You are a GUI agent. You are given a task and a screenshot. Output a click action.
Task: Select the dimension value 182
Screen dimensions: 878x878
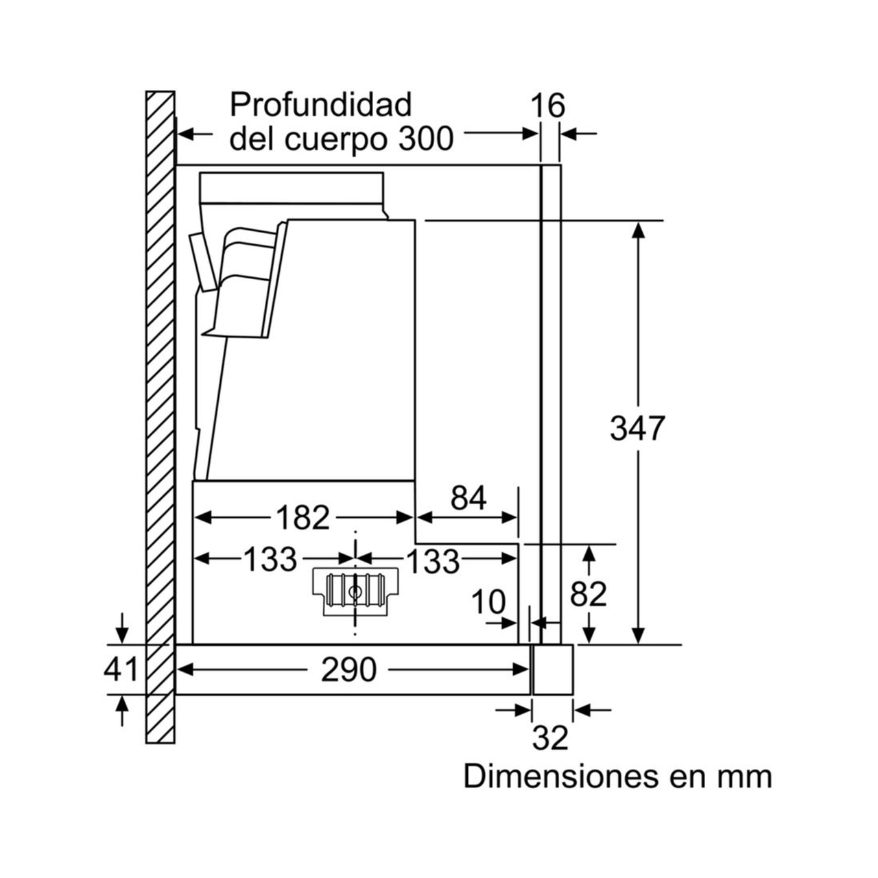pos(302,518)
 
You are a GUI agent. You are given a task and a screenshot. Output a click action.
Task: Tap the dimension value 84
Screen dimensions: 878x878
pos(468,498)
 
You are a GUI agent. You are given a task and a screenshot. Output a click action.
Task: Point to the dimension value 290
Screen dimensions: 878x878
pos(349,669)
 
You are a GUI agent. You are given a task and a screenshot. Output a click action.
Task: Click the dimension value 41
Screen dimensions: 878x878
pos(121,669)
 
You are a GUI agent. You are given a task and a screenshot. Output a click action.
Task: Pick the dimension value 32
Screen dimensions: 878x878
pos(550,738)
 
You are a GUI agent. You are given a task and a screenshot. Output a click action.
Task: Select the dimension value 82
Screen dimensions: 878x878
pos(589,594)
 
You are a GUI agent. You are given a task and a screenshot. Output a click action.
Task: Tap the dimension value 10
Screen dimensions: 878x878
pos(488,603)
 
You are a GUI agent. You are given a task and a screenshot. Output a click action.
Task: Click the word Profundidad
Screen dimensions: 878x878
pos(321,105)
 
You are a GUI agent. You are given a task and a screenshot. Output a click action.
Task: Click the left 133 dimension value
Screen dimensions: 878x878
pos(270,560)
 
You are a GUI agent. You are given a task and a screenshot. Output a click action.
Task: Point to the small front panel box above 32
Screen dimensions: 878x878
pos(553,669)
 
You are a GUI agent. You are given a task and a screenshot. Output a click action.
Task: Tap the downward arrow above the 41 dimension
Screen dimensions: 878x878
pos(122,627)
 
